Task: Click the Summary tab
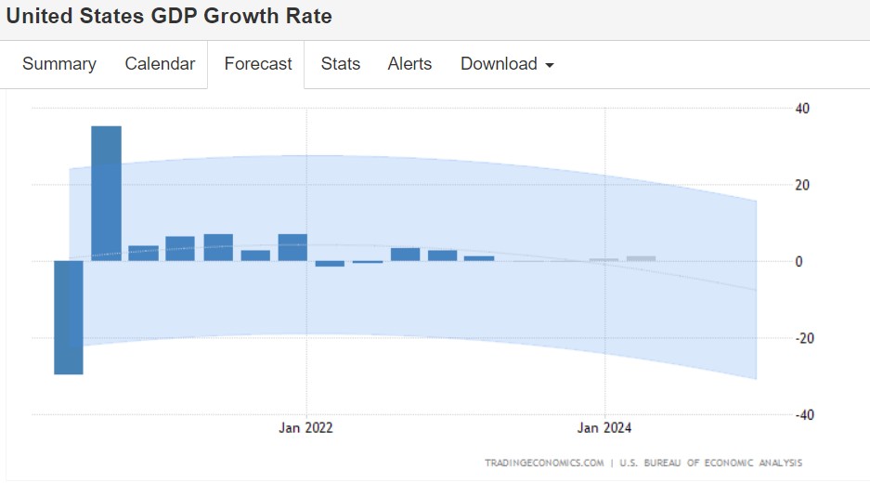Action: (x=59, y=64)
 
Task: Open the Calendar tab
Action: (x=160, y=64)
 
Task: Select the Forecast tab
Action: (x=258, y=64)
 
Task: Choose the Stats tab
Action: (x=341, y=64)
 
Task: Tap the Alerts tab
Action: (x=409, y=64)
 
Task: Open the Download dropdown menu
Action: (x=507, y=64)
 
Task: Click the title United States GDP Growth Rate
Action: (x=169, y=16)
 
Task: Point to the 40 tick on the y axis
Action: (x=801, y=108)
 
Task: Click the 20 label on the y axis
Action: (x=801, y=185)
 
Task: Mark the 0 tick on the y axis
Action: (x=799, y=262)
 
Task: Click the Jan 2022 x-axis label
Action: (x=305, y=428)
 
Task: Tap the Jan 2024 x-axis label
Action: (x=604, y=428)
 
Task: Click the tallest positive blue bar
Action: (x=106, y=193)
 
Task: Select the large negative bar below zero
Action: (x=69, y=317)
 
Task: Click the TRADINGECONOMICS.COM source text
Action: (x=544, y=463)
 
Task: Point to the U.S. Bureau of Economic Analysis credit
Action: (x=710, y=463)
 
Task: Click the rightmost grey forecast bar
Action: (x=641, y=258)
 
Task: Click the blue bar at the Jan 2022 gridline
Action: (x=292, y=247)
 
